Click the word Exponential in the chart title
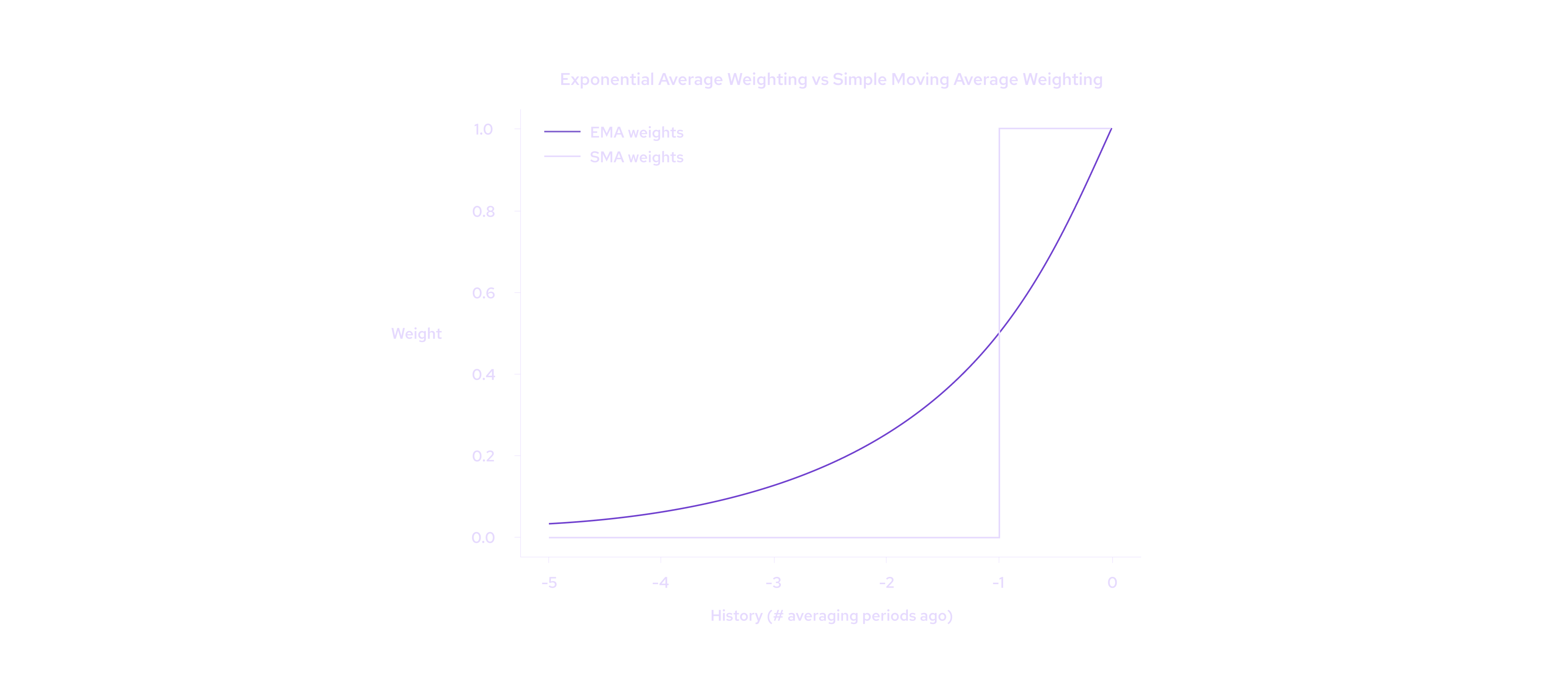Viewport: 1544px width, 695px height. click(x=606, y=80)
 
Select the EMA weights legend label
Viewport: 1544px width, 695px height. click(x=636, y=132)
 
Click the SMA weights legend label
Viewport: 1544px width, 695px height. click(x=636, y=157)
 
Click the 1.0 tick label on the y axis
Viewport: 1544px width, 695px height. click(x=483, y=129)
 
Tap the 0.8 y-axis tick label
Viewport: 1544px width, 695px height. click(x=483, y=212)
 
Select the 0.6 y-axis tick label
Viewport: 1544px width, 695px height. click(x=483, y=293)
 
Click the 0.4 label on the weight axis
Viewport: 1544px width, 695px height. click(x=483, y=375)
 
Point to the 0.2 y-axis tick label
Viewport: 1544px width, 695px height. click(x=483, y=456)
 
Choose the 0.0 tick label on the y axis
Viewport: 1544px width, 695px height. click(x=483, y=538)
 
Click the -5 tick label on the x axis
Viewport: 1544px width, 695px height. click(x=549, y=583)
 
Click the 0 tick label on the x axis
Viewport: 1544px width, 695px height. click(x=1112, y=583)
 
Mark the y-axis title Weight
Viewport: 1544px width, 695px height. click(x=416, y=334)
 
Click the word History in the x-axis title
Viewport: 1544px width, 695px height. click(x=736, y=616)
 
